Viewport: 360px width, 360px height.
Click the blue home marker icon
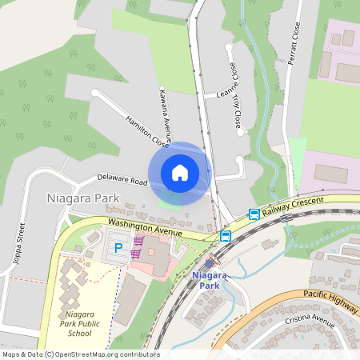tap(180, 173)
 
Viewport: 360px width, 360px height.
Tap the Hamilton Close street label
tap(147, 130)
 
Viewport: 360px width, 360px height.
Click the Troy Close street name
tap(236, 111)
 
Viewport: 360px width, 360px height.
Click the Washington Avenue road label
tap(146, 227)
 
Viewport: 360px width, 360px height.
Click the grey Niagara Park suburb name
tap(83, 198)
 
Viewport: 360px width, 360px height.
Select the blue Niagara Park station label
tap(210, 280)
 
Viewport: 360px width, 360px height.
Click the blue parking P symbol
tap(118, 248)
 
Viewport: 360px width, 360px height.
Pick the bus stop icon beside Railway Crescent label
tap(254, 214)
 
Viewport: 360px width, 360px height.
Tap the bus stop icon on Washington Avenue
tap(226, 235)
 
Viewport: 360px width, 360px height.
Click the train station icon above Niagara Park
tap(210, 262)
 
